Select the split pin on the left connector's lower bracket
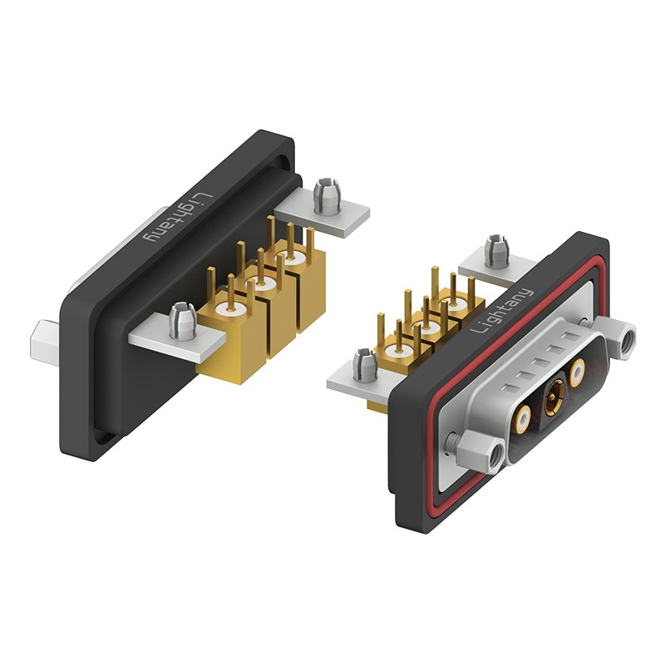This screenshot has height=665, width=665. (181, 320)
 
